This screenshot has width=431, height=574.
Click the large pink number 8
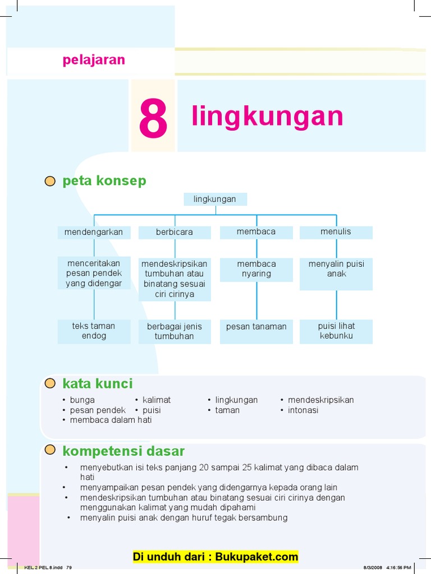pyautogui.click(x=153, y=119)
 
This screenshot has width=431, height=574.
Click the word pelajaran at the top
pyautogui.click(x=94, y=60)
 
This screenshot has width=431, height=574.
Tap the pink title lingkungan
pyautogui.click(x=267, y=116)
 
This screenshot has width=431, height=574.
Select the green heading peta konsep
pyautogui.click(x=104, y=180)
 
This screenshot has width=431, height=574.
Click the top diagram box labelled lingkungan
pyautogui.click(x=215, y=199)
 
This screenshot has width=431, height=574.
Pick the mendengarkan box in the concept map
pyautogui.click(x=94, y=232)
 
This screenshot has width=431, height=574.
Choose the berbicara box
pyautogui.click(x=175, y=232)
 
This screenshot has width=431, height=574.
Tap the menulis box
pyautogui.click(x=336, y=232)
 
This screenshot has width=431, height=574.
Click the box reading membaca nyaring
pyautogui.click(x=256, y=269)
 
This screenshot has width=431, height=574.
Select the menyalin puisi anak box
pyautogui.click(x=336, y=274)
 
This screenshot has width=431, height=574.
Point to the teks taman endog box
pyautogui.click(x=94, y=331)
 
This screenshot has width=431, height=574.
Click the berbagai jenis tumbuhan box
pyautogui.click(x=175, y=331)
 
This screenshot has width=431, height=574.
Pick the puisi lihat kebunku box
pyautogui.click(x=336, y=331)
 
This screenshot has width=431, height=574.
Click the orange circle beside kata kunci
pyautogui.click(x=51, y=383)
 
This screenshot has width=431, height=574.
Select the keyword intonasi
pyautogui.click(x=303, y=410)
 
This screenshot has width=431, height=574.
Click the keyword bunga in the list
pyautogui.click(x=82, y=400)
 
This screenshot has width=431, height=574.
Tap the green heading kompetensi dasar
pyautogui.click(x=123, y=451)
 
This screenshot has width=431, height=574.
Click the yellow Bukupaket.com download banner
pyautogui.click(x=215, y=557)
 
